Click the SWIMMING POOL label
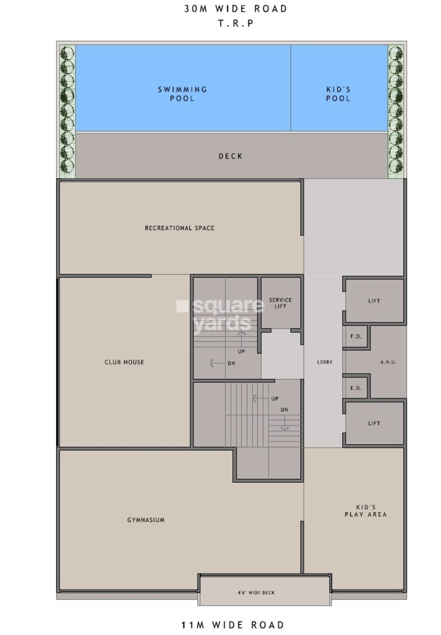point(183,94)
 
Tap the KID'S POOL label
point(338,94)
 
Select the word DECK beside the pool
point(230,157)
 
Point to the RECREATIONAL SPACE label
point(179,228)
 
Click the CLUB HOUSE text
point(124,362)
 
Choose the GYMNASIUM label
point(145,520)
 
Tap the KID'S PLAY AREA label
point(371,511)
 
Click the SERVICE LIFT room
point(280,303)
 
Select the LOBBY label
point(324,362)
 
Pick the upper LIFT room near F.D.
point(374,301)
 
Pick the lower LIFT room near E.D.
point(374,424)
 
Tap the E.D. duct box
point(355,388)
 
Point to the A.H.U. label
point(388,362)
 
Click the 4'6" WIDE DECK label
point(265,593)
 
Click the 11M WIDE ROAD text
point(232,626)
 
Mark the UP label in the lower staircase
point(275,399)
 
